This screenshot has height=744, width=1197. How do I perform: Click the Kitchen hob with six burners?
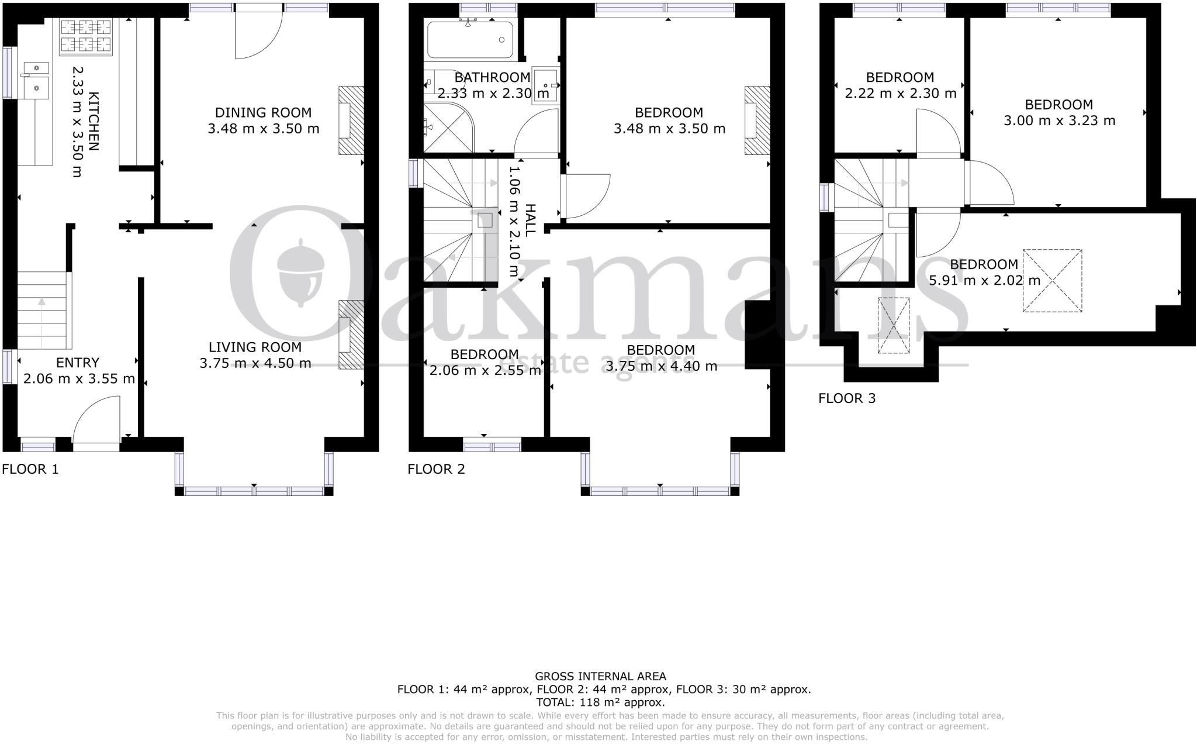pos(85,37)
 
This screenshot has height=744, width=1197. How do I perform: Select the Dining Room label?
pos(263,113)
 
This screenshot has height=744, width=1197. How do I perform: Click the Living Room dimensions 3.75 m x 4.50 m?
pos(255,363)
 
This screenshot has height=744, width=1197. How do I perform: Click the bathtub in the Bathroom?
pos(470,40)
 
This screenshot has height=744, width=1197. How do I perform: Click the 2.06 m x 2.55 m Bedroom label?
pos(485,355)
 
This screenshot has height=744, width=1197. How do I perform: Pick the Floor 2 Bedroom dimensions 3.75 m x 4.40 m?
pos(660,366)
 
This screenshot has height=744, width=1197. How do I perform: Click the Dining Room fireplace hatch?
pos(351,120)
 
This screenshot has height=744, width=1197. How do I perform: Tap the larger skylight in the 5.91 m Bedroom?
pos(1052,281)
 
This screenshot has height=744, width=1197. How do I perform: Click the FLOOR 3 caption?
pos(847,399)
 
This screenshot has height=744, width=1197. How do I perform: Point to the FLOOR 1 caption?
pos(30,469)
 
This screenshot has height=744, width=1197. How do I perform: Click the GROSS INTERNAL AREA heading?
pos(600,677)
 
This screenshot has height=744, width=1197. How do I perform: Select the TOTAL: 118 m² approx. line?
pos(600,702)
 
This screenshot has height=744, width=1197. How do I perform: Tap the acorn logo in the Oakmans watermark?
pos(300,273)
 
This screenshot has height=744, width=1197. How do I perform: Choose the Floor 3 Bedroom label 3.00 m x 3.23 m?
pos(1058,113)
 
